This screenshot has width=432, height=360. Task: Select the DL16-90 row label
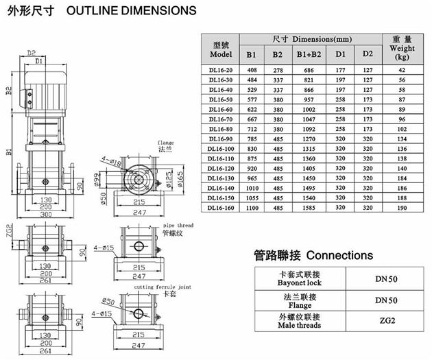point(221,138)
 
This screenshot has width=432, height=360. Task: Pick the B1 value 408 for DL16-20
point(252,69)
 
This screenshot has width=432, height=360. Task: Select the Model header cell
point(222,49)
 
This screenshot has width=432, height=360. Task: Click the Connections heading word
point(339,255)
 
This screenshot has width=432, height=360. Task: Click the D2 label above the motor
point(32,52)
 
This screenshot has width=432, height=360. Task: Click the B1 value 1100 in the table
point(252,207)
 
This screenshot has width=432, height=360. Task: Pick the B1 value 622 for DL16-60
point(252,108)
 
